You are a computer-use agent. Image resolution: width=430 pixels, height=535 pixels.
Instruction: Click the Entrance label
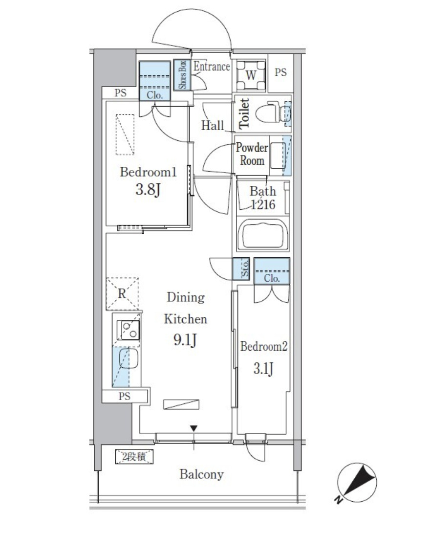click(212, 67)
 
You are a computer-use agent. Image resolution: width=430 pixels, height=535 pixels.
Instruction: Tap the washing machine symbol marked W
click(251, 75)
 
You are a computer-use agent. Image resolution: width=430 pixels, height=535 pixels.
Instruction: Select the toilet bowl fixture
click(273, 112)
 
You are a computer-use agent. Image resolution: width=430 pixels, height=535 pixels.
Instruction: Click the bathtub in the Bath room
click(262, 235)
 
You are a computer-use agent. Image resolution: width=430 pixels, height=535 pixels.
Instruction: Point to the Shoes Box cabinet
click(182, 75)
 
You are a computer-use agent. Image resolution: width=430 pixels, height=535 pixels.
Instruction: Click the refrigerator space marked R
click(122, 294)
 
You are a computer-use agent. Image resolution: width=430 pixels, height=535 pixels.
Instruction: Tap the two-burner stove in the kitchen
click(129, 330)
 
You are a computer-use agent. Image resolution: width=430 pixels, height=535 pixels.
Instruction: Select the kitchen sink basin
click(128, 358)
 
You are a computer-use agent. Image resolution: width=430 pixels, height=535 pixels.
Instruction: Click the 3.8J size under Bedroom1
click(148, 190)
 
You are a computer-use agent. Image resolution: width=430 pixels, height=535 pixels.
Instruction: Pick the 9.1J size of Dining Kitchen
click(185, 340)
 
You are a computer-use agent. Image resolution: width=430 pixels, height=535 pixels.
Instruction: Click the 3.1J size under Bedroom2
click(263, 369)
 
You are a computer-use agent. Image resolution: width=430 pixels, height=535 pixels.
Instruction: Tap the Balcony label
click(201, 474)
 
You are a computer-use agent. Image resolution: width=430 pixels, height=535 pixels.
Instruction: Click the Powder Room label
click(252, 154)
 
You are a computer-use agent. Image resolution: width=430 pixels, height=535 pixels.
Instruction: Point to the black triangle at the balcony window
click(193, 428)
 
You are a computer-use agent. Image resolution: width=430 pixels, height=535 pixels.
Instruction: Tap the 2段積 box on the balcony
click(134, 457)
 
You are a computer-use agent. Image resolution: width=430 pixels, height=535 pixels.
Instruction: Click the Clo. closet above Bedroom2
click(272, 271)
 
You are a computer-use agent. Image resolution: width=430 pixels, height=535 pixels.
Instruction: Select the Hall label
click(213, 126)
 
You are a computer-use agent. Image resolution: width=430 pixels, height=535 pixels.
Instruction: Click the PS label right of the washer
click(280, 72)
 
